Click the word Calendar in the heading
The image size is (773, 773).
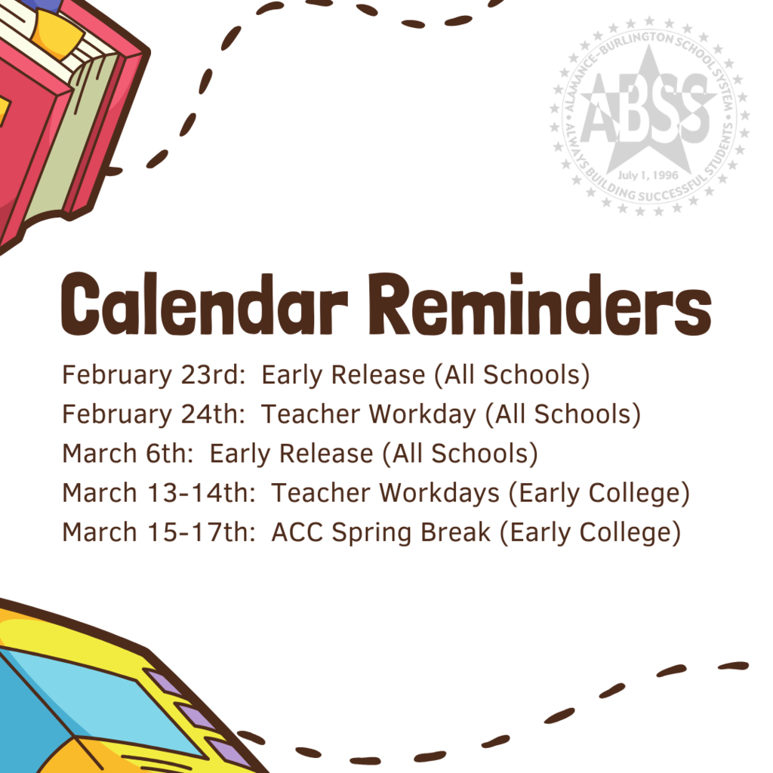(x=205, y=304)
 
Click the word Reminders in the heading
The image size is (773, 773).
(x=540, y=304)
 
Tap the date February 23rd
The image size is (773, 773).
(x=152, y=375)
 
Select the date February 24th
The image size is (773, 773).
(x=152, y=414)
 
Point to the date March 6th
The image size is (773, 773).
(x=127, y=454)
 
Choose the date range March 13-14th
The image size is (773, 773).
(x=159, y=493)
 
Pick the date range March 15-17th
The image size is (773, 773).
(x=159, y=532)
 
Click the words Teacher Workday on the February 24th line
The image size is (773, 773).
(x=368, y=414)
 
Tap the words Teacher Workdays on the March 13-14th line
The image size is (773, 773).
(x=385, y=493)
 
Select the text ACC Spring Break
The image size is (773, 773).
(x=380, y=532)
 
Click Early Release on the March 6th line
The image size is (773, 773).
(x=291, y=454)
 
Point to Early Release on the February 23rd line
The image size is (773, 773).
(x=343, y=375)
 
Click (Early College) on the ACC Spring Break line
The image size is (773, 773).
(x=590, y=532)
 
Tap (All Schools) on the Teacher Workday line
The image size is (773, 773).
(x=563, y=414)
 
